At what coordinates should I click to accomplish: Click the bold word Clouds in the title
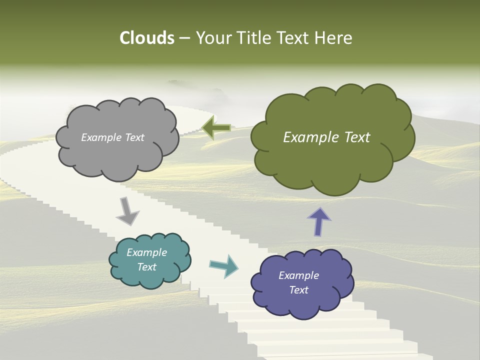point(147,38)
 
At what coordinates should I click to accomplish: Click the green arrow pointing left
point(216,128)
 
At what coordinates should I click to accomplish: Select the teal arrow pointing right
point(224,265)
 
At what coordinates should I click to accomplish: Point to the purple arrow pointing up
point(319,221)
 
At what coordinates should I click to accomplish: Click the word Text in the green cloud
point(354,137)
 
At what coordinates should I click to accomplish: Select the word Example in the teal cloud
point(147,252)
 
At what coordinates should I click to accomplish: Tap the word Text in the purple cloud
point(299,290)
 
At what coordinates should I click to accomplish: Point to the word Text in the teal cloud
point(147,267)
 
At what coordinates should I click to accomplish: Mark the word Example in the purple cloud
point(299,275)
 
